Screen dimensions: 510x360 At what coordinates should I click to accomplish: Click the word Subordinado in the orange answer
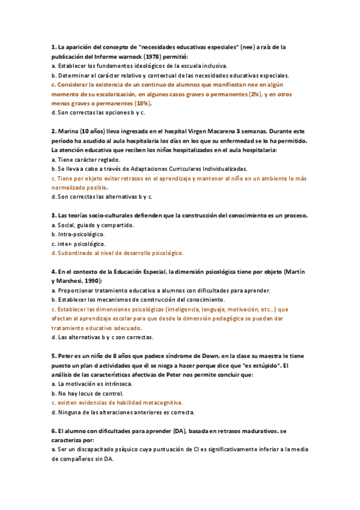pos(75,253)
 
